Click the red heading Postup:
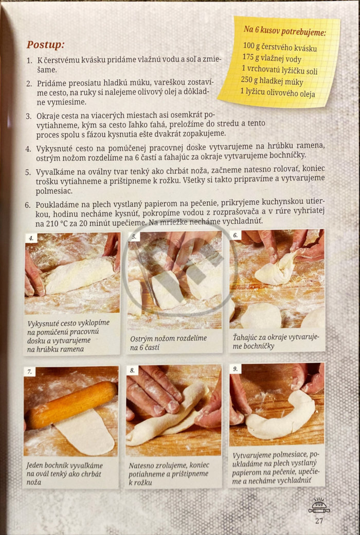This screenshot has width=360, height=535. coord(45,45)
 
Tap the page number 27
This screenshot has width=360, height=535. coord(319,521)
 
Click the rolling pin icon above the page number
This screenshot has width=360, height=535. coord(319,506)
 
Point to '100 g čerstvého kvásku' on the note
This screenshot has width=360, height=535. coord(280,47)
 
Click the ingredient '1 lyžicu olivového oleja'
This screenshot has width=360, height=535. coord(277,93)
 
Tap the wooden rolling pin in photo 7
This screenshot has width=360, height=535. coord(71,405)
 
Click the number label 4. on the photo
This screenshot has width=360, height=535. coord(31,238)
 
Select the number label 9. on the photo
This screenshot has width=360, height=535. coord(236,368)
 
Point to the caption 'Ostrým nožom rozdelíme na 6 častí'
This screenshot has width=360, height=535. coord(168,343)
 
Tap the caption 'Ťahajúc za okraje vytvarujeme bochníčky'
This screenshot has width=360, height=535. coord(276,342)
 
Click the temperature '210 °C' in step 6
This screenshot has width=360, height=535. coord(57,224)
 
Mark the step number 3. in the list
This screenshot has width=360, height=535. coord(29,116)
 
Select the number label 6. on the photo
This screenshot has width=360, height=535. coord(236,235)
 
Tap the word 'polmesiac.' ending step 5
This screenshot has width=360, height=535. coord(49,191)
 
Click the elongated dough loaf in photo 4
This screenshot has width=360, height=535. coord(79,275)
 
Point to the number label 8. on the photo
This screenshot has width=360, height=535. coord(132,370)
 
